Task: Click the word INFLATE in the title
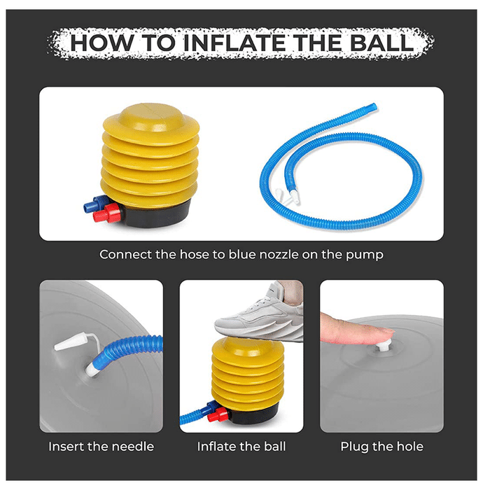tap(234, 43)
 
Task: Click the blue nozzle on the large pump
tap(94, 204)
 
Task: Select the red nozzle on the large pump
tap(107, 213)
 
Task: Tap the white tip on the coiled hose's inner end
tap(294, 197)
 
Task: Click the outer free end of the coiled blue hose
tap(373, 106)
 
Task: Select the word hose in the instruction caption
tap(194, 254)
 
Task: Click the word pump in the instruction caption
tap(364, 255)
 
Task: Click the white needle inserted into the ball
tap(91, 369)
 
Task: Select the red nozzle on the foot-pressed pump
tap(218, 416)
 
